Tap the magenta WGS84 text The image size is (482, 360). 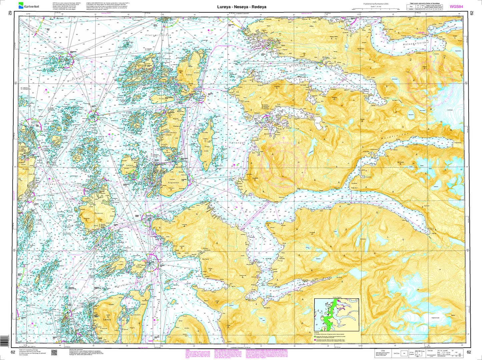(x=456, y=6)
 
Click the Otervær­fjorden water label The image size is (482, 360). (x=158, y=35)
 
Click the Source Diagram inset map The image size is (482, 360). (x=336, y=315)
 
